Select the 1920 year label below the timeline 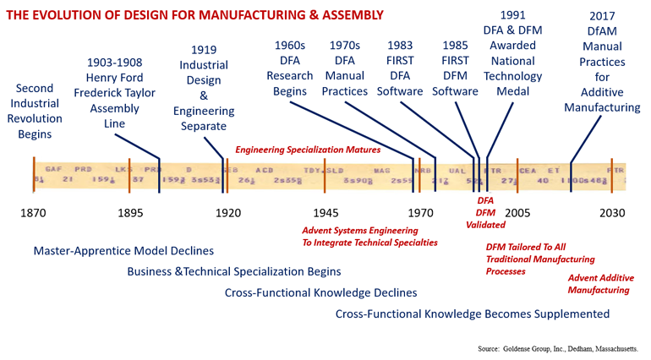click(227, 213)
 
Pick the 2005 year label click(517, 213)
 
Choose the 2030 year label click(611, 213)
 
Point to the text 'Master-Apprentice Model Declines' click(123, 251)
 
